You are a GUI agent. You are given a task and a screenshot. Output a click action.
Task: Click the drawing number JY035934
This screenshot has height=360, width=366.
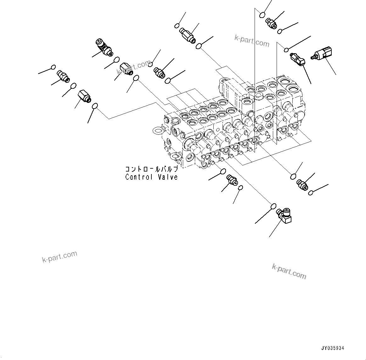tap(333, 348)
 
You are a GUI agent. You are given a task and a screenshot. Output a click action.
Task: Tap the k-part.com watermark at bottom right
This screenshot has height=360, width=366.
tap(289, 271)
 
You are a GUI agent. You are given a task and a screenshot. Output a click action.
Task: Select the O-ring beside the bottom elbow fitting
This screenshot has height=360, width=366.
tap(273, 206)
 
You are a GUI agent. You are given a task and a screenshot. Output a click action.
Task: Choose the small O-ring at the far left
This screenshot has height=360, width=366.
tap(53, 67)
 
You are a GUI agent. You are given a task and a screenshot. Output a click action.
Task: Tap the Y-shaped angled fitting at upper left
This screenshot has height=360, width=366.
tap(104, 48)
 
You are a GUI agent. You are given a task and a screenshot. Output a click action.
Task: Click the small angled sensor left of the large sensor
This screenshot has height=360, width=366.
tap(297, 59)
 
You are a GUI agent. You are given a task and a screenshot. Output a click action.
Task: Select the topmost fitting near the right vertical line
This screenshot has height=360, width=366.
tap(270, 23)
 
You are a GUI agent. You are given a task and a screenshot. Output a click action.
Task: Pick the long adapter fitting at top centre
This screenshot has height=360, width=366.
tap(187, 35)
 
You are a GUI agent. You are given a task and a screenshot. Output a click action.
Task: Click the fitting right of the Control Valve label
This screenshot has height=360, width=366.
tap(232, 180)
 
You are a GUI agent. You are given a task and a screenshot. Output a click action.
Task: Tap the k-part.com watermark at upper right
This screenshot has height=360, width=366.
tap(252, 40)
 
